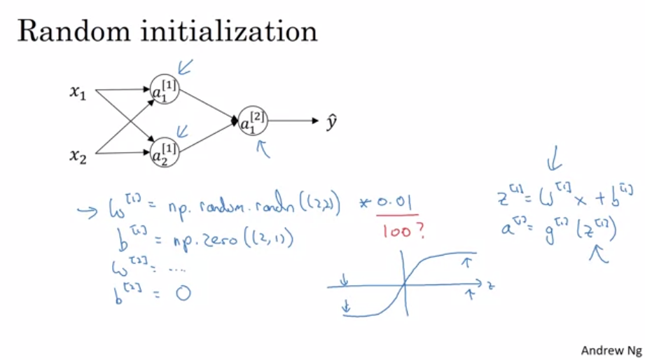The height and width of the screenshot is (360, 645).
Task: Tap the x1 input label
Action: pyautogui.click(x=77, y=92)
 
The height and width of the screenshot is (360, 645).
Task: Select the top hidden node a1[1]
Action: pyautogui.click(x=165, y=89)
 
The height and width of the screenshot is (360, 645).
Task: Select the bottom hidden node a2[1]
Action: pyautogui.click(x=165, y=151)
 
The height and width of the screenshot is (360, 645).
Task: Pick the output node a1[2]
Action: pyautogui.click(x=253, y=122)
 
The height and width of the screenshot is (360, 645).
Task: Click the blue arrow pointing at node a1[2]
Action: pyautogui.click(x=264, y=148)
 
